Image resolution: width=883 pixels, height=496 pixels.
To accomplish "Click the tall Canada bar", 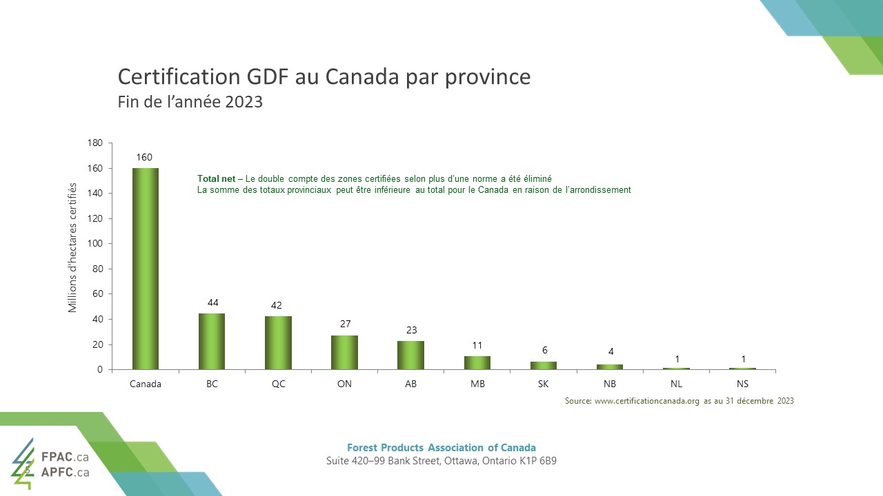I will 146,269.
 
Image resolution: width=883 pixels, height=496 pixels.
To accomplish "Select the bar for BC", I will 212,342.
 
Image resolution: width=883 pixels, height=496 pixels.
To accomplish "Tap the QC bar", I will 278,343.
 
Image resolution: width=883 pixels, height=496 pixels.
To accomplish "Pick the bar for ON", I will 344,353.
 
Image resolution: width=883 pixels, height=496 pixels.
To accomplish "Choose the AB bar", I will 410,355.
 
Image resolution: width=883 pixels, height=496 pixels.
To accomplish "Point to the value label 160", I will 144,157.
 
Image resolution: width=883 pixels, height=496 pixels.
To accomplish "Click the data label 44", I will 212,302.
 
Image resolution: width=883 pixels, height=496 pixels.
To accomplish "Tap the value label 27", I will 345,324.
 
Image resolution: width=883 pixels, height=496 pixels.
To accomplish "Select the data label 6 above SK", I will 544,350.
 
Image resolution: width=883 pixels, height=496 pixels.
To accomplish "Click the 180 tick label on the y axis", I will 95,143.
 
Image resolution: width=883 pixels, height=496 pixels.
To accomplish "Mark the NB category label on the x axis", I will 610,384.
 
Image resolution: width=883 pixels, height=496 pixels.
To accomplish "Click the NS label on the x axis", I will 742,384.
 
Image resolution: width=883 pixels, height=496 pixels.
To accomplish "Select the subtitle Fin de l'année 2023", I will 190,102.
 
